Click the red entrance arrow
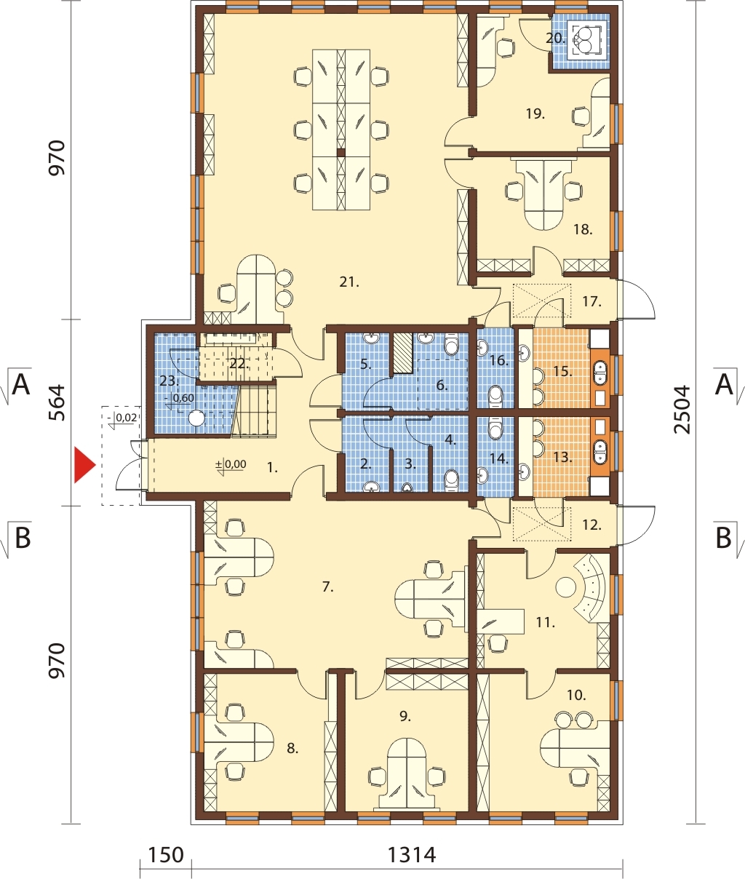point(84,465)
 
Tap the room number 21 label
point(349,282)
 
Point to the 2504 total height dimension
point(683,409)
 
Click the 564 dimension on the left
point(57,402)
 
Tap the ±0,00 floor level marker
point(231,464)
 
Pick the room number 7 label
point(327,587)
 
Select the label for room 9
point(405,716)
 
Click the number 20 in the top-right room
point(555,39)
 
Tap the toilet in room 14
point(495,427)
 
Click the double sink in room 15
point(599,371)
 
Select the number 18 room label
point(583,230)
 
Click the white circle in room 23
point(197,418)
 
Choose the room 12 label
point(591,525)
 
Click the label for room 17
point(591,302)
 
